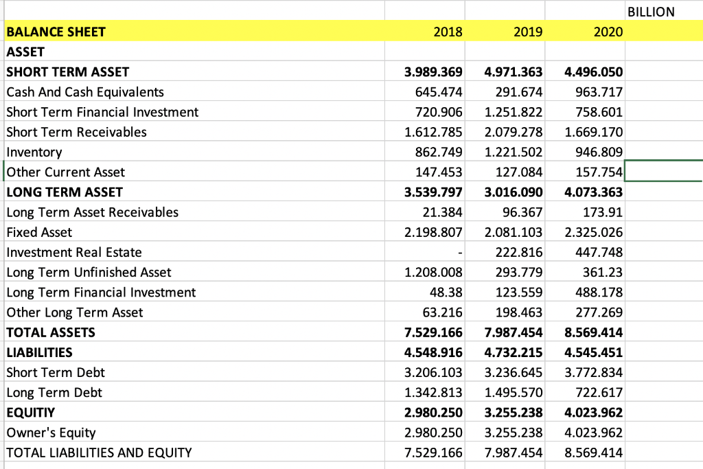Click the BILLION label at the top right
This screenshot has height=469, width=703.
pos(651,12)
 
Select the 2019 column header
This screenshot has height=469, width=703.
pos(528,32)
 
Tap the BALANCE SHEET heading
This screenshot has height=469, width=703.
pos(56,32)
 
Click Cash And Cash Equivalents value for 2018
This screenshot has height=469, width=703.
pos(439,92)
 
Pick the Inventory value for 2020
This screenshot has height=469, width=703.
pos(599,152)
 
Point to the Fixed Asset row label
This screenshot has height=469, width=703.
pos(39,232)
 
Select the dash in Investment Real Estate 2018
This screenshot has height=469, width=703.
pos(460,253)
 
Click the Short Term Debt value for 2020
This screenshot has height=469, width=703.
pos(594,373)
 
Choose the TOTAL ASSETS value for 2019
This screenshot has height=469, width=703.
pos(514,332)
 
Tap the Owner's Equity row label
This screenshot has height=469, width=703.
pos(51,433)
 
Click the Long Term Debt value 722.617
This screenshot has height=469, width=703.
pos(599,392)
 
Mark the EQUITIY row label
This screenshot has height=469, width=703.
pos(30,413)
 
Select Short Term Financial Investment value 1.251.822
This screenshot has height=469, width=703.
pos(514,112)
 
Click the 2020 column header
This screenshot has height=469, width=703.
pos(608,32)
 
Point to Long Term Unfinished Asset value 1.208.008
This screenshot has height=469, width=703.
pos(433,272)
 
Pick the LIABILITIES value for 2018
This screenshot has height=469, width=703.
pos(433,352)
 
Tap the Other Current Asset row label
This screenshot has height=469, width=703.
pos(65,172)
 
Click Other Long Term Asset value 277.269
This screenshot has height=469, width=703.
pos(599,312)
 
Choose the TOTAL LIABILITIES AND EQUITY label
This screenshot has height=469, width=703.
pos(99,453)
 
